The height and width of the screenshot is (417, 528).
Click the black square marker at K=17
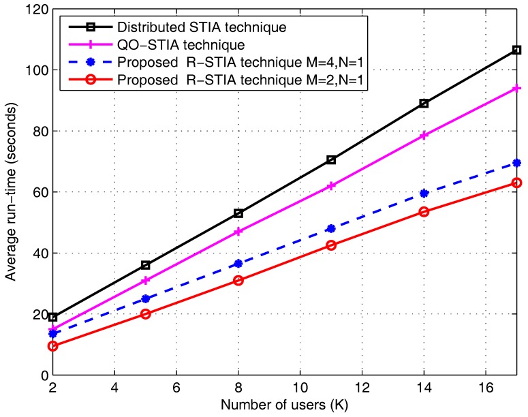click(516, 50)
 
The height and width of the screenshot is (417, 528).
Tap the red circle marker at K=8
click(238, 280)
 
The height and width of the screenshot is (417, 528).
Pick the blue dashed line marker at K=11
click(331, 228)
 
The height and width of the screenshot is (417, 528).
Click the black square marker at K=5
click(145, 265)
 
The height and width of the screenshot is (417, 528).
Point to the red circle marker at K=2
click(52, 346)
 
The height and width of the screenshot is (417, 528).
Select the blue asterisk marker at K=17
click(516, 163)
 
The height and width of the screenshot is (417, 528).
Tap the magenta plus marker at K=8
click(238, 232)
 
